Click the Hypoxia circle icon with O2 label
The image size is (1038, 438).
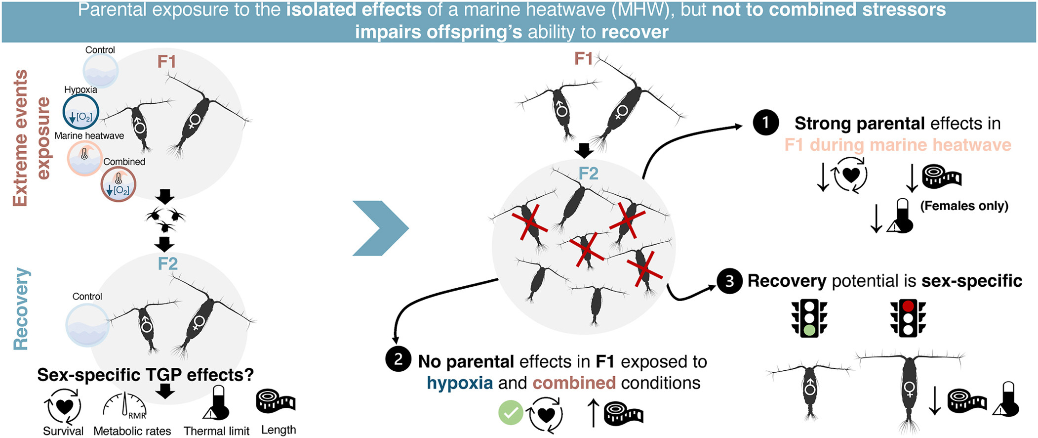pyautogui.click(x=80, y=112)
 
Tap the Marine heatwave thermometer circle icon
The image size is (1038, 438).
pyautogui.click(x=85, y=158)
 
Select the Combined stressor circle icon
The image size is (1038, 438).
pyautogui.click(x=118, y=184)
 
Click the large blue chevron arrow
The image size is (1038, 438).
pyautogui.click(x=381, y=228)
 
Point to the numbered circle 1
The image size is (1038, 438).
pyautogui.click(x=765, y=122)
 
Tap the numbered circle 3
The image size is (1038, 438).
pyautogui.click(x=729, y=281)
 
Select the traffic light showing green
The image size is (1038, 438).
pyautogui.click(x=809, y=318)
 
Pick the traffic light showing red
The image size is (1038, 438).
pyautogui.click(x=908, y=318)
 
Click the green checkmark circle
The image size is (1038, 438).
pyautogui.click(x=511, y=413)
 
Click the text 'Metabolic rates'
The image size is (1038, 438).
pyautogui.click(x=132, y=431)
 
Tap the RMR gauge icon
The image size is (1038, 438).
pyautogui.click(x=124, y=406)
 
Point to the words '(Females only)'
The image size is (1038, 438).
pyautogui.click(x=964, y=206)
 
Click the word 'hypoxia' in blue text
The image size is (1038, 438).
pyautogui.click(x=460, y=383)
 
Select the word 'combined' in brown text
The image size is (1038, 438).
pyautogui.click(x=574, y=383)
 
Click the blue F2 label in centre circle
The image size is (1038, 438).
pyautogui.click(x=588, y=174)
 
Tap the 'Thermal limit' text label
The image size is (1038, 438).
pyautogui.click(x=216, y=431)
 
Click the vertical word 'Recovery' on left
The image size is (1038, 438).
pyautogui.click(x=21, y=309)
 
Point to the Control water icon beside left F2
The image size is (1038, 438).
pyautogui.click(x=87, y=325)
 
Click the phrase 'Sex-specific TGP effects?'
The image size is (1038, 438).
pyautogui.click(x=145, y=375)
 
